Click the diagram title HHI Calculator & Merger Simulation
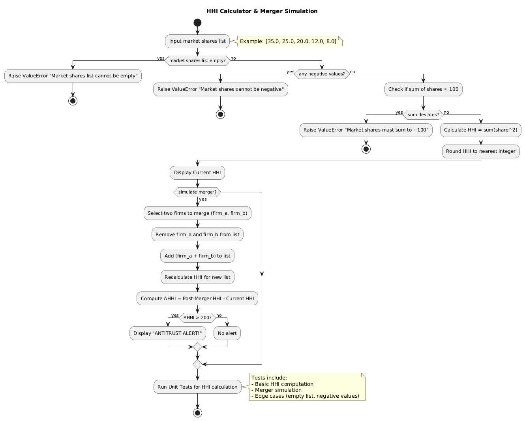[262, 11]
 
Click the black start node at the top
[197, 23]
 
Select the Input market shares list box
[197, 41]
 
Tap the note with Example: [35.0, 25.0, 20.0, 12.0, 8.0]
[288, 41]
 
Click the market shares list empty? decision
[197, 60]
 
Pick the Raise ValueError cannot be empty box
[73, 76]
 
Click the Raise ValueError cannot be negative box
[220, 90]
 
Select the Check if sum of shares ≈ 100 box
[423, 90]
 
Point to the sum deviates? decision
[423, 115]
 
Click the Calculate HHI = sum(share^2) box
[481, 130]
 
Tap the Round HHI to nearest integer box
[481, 151]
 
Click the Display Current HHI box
[197, 173]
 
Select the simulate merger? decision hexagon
[197, 192]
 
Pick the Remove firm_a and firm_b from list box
[197, 235]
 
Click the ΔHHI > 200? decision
[197, 318]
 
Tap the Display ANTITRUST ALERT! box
[168, 333]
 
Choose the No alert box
[227, 333]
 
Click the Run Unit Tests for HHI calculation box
[197, 387]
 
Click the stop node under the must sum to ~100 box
[366, 149]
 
